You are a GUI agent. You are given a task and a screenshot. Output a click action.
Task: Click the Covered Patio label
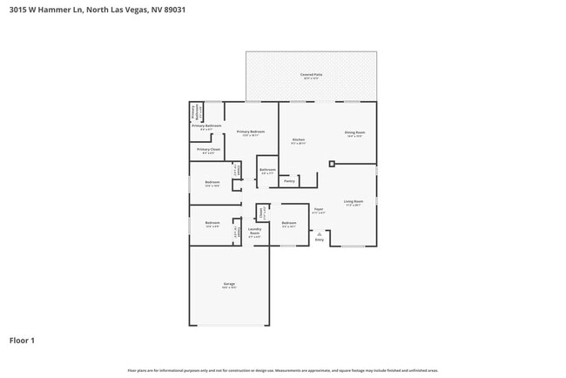click(311, 75)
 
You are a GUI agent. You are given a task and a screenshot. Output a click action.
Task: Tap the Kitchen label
click(298, 138)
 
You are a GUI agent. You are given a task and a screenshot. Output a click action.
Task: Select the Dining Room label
click(355, 133)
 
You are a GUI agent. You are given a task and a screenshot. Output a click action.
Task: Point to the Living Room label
click(353, 201)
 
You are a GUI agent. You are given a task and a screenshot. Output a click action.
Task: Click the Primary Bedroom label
click(251, 132)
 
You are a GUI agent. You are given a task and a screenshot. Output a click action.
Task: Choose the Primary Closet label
click(207, 150)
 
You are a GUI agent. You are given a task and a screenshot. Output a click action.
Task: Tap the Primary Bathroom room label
click(207, 126)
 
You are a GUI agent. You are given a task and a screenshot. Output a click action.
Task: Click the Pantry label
click(289, 181)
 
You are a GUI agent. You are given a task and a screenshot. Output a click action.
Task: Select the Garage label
click(229, 284)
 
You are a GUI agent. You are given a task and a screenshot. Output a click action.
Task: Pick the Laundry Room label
click(254, 233)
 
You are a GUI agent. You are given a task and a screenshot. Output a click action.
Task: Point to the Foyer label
click(319, 209)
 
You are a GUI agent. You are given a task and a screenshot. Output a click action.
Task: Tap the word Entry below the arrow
click(319, 240)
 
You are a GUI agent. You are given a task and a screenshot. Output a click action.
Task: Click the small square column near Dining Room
click(331, 163)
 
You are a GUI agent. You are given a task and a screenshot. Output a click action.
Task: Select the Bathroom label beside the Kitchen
click(267, 170)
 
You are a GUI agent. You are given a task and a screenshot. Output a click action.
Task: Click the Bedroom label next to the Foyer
click(289, 224)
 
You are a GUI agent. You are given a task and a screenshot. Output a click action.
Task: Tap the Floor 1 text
click(22, 340)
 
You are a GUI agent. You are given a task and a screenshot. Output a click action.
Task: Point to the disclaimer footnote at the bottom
click(283, 370)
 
